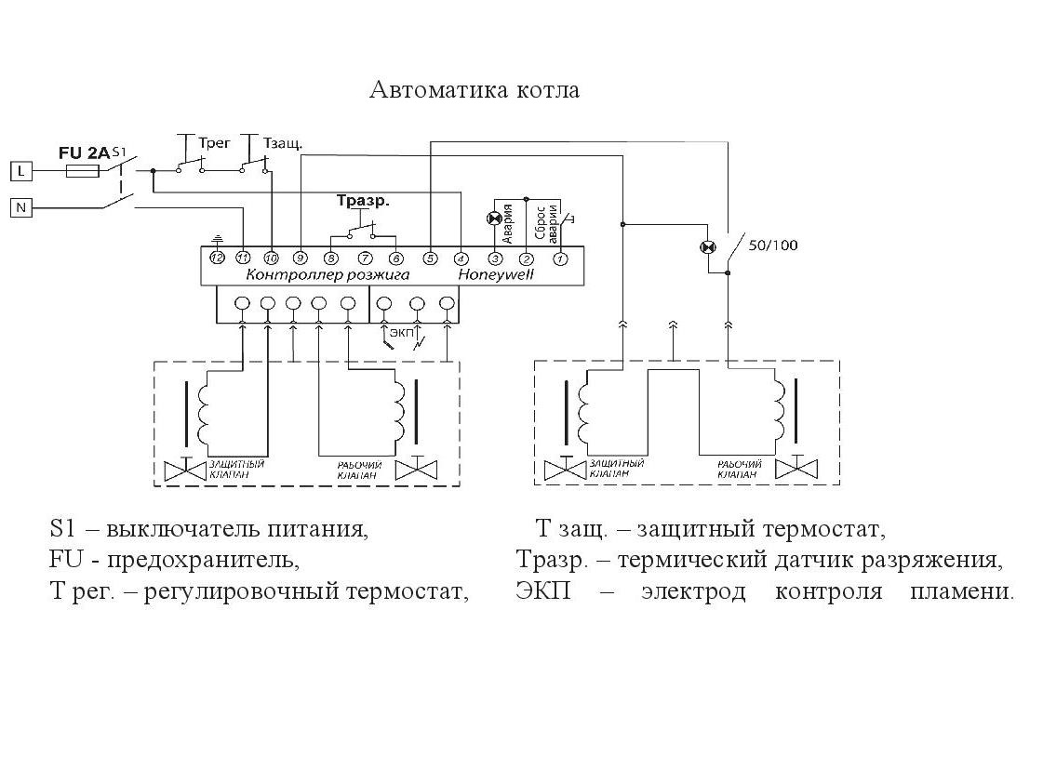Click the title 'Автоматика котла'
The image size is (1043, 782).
point(475,90)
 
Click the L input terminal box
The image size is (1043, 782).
point(20,171)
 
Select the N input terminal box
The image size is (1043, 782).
point(20,208)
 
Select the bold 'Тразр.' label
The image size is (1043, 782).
point(362,201)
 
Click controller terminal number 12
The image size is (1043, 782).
point(217,258)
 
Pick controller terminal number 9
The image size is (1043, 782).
point(301,258)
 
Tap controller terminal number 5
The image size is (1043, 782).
point(430,258)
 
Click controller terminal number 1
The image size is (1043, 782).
point(560,258)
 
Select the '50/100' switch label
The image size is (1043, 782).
point(772,246)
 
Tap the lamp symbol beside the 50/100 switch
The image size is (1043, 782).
point(708,247)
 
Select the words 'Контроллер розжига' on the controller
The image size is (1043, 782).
point(328,275)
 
